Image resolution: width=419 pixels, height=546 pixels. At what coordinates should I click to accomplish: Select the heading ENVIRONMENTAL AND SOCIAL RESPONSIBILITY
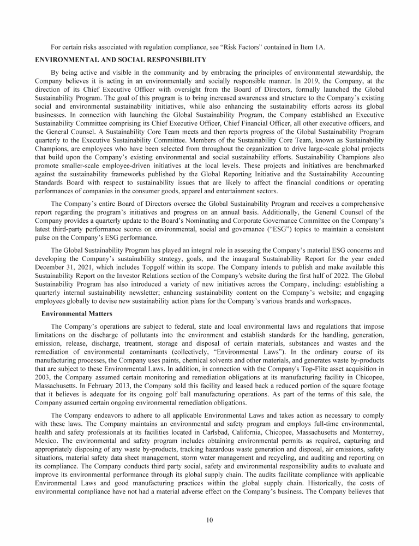tap(121, 60)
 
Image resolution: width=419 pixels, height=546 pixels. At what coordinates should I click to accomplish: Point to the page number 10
tap(209, 519)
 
